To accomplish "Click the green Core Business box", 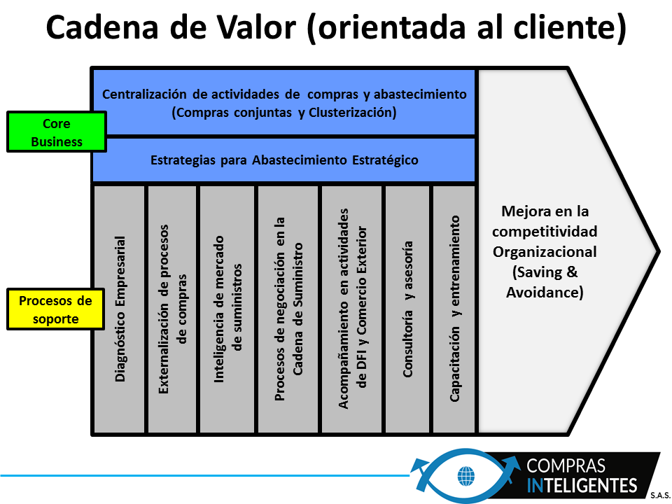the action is (x=57, y=132).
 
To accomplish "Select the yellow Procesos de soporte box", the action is (x=56, y=309).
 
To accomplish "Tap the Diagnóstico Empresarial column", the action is (x=120, y=309).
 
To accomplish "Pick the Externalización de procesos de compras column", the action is (x=172, y=309).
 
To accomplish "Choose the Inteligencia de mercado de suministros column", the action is (x=227, y=309).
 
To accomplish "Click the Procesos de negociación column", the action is (x=288, y=309).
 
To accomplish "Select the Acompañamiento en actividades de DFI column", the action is (x=352, y=309).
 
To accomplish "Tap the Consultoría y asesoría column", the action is (x=407, y=309).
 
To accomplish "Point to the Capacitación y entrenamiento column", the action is (x=454, y=309).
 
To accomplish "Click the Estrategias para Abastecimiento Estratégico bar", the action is (x=284, y=160).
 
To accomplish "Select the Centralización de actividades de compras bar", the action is (x=284, y=102).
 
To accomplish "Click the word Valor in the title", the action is (x=256, y=28).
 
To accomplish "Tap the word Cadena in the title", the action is (x=102, y=28).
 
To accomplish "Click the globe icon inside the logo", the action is (x=466, y=476).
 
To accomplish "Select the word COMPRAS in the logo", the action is (x=566, y=466).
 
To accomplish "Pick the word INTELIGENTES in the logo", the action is (x=582, y=486).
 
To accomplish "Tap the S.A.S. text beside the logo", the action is (x=660, y=496).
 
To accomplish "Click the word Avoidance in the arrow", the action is (x=545, y=293).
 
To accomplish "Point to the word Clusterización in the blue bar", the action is (x=352, y=113).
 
